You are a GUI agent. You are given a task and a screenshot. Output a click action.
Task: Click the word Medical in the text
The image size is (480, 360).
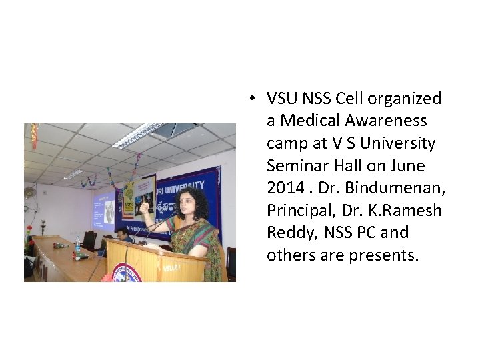(x=308, y=121)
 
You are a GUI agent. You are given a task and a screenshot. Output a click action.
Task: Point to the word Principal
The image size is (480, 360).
(x=298, y=211)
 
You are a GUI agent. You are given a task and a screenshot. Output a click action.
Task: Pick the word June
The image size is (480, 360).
(x=408, y=165)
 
